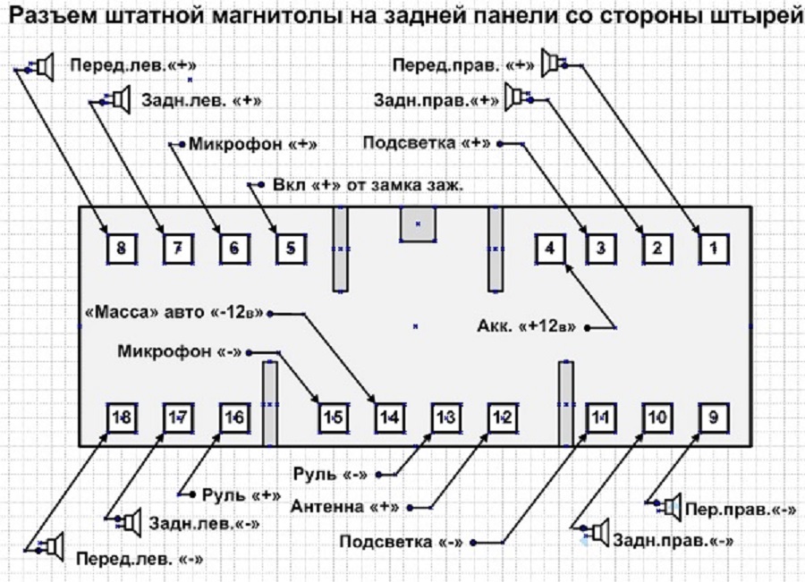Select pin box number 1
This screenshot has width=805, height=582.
pyautogui.click(x=712, y=248)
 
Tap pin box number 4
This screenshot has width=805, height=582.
pyautogui.click(x=550, y=248)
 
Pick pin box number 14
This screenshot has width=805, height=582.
pyautogui.click(x=389, y=418)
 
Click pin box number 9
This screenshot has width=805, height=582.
pyautogui.click(x=712, y=418)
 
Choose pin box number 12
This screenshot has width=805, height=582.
pyautogui.click(x=502, y=418)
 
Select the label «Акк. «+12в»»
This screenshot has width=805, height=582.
pyautogui.click(x=527, y=325)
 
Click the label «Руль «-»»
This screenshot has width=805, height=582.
pyautogui.click(x=334, y=473)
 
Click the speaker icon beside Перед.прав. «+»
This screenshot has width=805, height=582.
pyautogui.click(x=553, y=64)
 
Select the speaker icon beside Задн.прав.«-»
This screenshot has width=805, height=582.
pyautogui.click(x=597, y=534)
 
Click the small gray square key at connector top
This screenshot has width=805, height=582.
pyautogui.click(x=417, y=224)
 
